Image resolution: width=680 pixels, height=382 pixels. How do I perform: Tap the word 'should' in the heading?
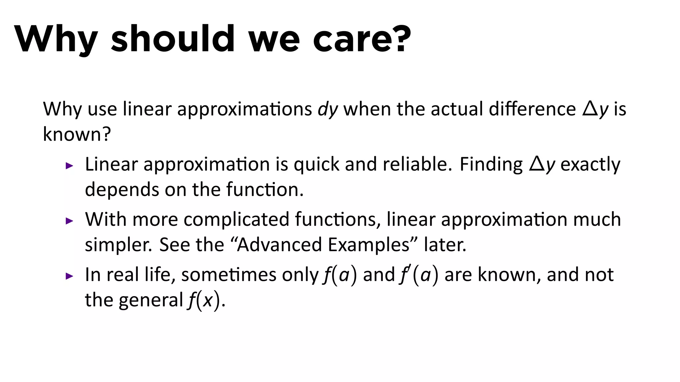(173, 39)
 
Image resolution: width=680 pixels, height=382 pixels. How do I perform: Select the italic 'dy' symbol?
(328, 109)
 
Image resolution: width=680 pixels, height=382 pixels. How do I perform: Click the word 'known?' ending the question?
(77, 134)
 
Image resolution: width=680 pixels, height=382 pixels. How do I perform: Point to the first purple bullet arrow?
(69, 165)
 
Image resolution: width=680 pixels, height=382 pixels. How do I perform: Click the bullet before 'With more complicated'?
(69, 221)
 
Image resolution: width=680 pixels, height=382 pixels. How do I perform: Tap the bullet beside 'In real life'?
(69, 276)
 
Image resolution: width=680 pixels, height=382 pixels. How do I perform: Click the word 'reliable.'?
(417, 164)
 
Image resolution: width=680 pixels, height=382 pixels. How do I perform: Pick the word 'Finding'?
(491, 164)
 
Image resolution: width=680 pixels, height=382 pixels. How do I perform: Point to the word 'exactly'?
(590, 164)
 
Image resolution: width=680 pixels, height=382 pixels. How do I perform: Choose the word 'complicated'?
(236, 220)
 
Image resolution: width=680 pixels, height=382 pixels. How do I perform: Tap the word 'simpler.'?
(119, 245)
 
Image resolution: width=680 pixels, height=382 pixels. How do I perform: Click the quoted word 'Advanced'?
(279, 245)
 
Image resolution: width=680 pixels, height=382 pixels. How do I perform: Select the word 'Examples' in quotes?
(369, 245)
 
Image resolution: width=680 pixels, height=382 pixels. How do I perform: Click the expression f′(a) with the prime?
(419, 275)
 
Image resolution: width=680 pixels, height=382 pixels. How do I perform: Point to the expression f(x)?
(204, 300)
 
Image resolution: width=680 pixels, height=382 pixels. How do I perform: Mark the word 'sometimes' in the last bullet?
(229, 275)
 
